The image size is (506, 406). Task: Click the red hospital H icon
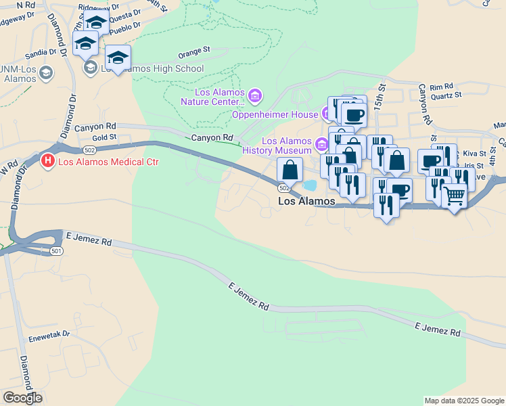coord(47,162)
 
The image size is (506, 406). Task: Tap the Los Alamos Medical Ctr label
coord(109,162)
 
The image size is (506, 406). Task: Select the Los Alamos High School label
coord(152,68)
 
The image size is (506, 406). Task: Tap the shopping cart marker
coord(455,197)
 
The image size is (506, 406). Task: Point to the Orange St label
coord(195,50)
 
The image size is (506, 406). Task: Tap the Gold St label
coord(105,137)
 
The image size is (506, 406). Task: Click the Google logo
coord(22,398)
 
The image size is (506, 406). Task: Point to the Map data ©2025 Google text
coord(463,401)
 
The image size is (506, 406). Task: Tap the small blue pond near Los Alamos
coord(309,185)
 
